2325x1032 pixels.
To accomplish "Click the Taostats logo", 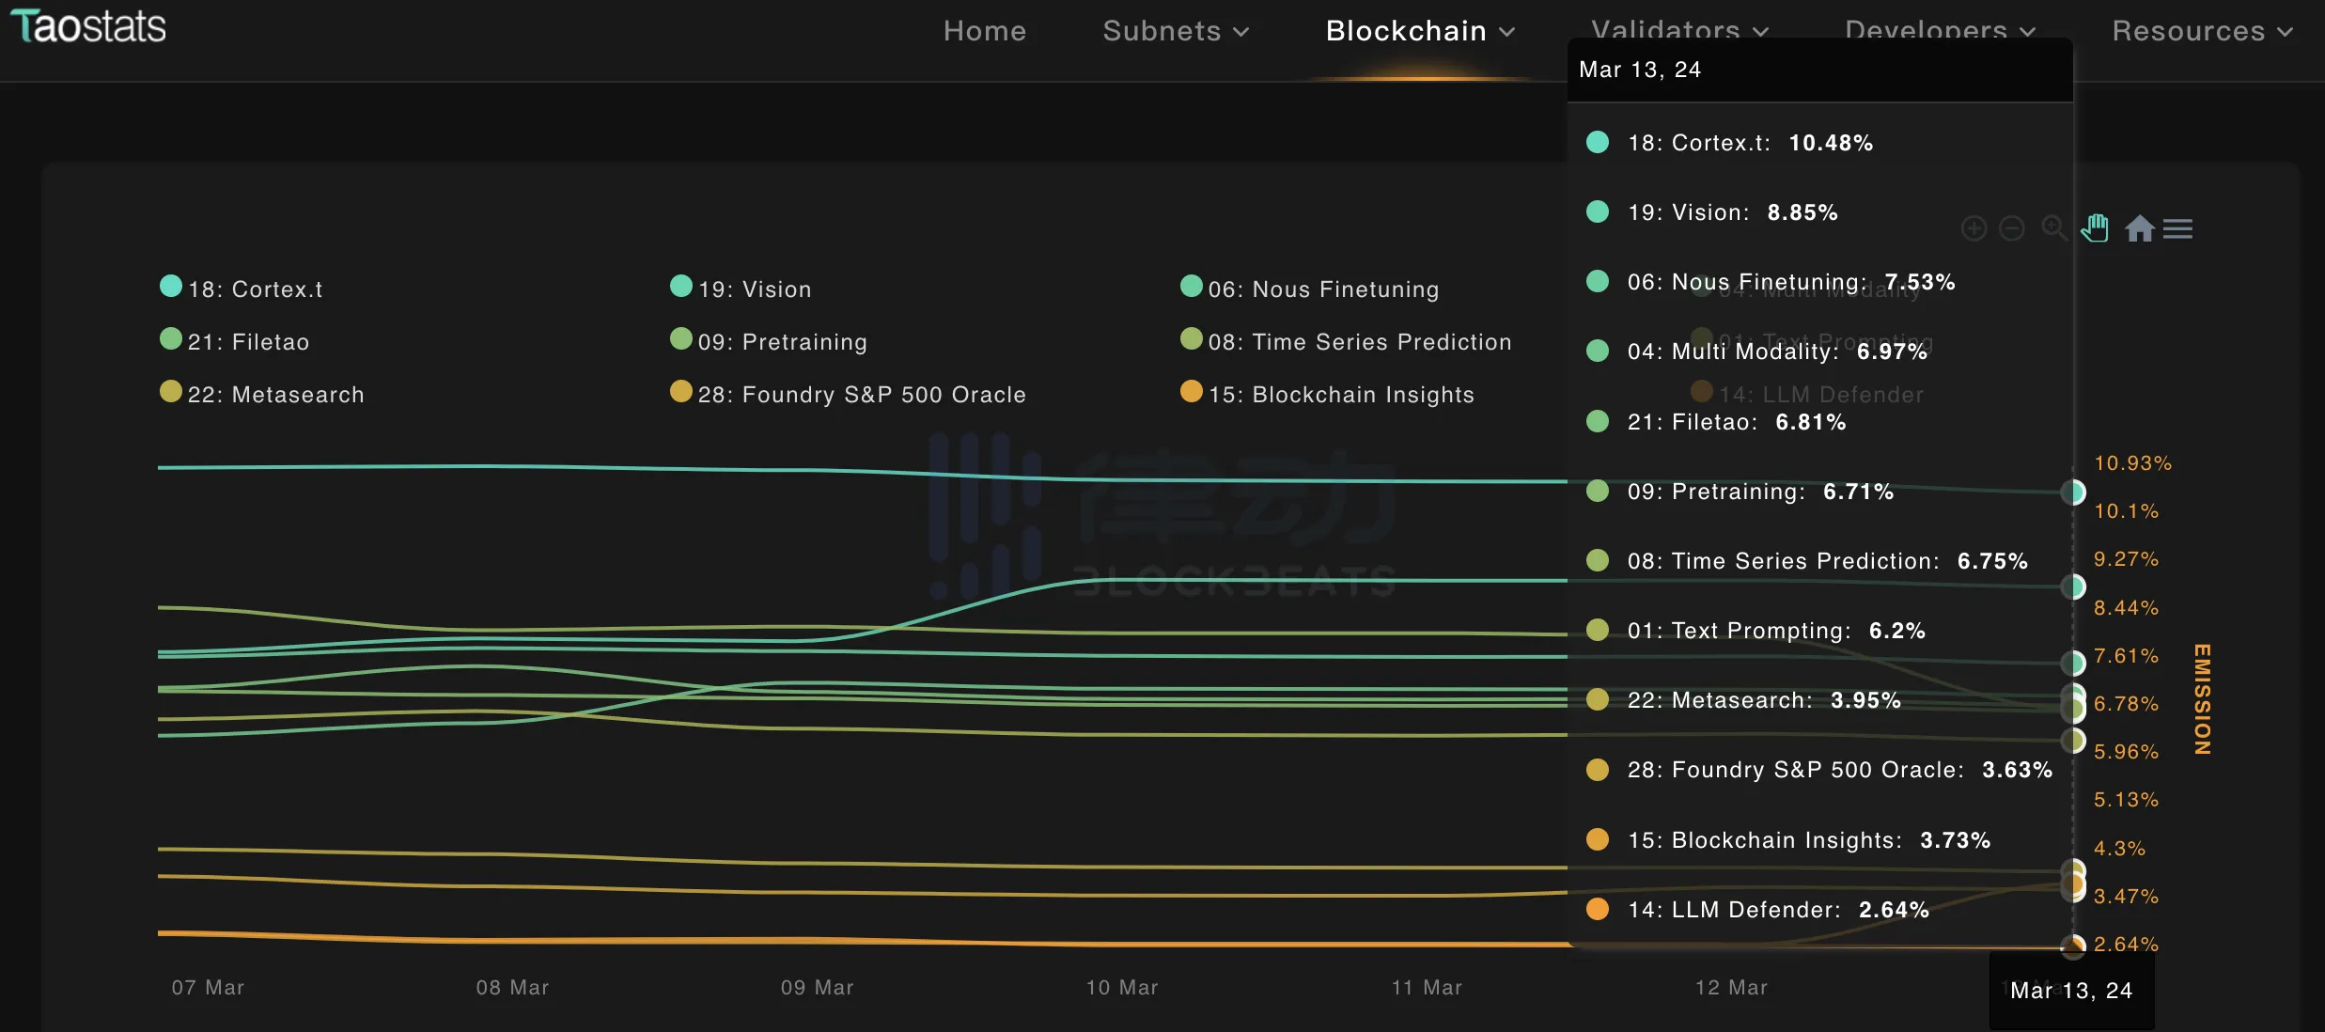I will [88, 26].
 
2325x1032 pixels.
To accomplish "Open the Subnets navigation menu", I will [1175, 31].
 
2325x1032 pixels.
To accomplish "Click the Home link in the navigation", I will [984, 31].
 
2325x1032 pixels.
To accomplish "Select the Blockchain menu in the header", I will [1419, 31].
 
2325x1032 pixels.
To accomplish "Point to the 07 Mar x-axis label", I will [208, 987].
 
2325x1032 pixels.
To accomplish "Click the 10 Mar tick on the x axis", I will [1122, 987].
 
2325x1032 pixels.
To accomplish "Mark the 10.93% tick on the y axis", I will [2132, 463].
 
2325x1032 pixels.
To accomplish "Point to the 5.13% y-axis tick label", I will [2126, 800].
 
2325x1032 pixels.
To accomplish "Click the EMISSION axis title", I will [2202, 699].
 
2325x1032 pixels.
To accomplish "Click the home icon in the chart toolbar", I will [2140, 228].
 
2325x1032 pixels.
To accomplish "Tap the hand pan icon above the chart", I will [2095, 228].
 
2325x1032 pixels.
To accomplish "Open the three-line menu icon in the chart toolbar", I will [2177, 228].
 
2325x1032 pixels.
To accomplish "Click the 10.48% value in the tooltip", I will [1830, 143].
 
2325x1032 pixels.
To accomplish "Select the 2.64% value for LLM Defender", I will [1893, 910].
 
